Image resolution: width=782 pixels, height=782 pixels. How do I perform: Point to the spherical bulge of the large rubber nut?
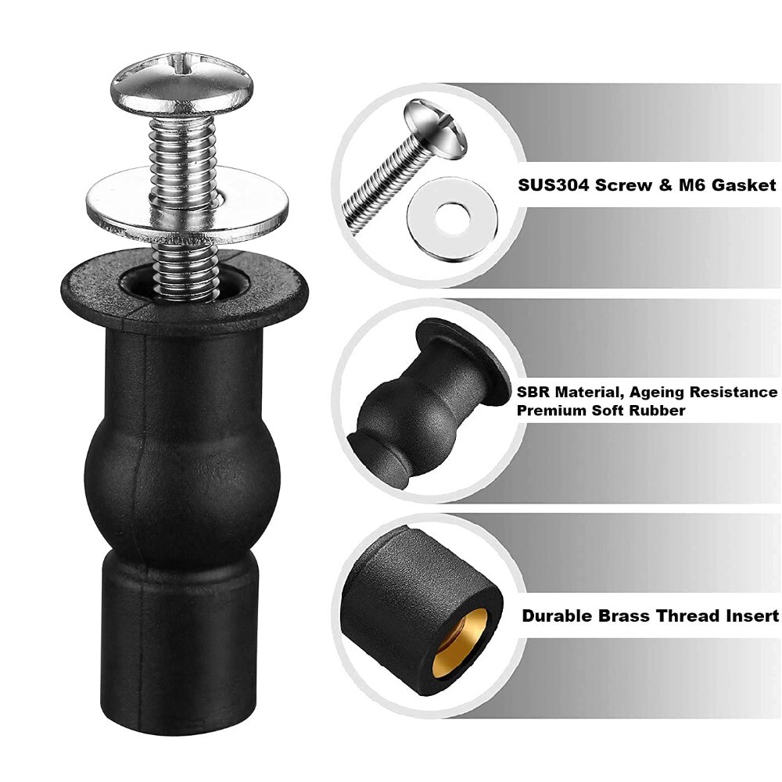[181, 469]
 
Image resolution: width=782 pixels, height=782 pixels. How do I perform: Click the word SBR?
[533, 393]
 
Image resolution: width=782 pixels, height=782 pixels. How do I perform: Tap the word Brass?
[622, 616]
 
